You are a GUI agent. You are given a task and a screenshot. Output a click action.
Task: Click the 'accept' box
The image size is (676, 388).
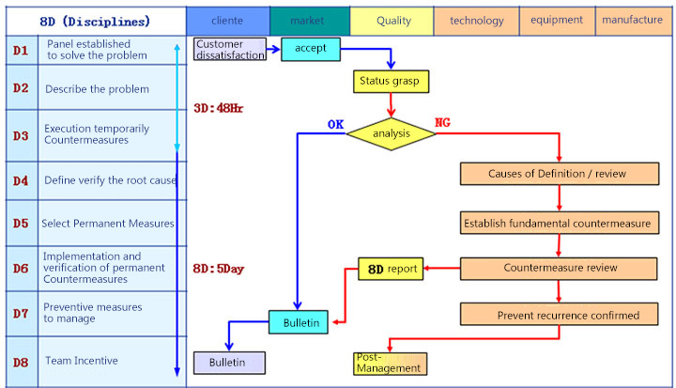click(x=310, y=50)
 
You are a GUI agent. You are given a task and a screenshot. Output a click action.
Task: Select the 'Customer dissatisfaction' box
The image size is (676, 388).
click(x=231, y=50)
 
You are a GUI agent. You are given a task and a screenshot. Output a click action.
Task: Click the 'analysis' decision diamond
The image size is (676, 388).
click(x=392, y=133)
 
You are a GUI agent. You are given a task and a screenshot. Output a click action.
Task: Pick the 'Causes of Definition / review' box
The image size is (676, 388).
click(x=557, y=174)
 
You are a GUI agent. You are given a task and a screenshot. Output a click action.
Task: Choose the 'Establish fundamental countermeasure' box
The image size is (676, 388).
click(x=557, y=224)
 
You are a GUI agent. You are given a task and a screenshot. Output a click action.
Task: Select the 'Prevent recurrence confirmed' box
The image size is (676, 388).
click(x=557, y=315)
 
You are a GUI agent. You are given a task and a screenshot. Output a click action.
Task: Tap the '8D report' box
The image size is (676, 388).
click(x=390, y=270)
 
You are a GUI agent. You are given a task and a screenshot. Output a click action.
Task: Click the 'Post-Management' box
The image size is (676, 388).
click(x=390, y=363)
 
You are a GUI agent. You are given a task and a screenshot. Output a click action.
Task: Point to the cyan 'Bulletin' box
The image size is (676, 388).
click(x=300, y=324)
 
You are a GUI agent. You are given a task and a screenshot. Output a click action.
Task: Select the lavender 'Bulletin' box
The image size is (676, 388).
click(x=229, y=362)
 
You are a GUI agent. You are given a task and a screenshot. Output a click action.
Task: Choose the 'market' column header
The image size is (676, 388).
click(x=309, y=20)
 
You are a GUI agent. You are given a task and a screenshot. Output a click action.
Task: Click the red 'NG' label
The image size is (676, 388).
click(x=442, y=122)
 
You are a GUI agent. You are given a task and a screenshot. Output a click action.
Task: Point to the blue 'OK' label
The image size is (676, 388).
click(x=336, y=123)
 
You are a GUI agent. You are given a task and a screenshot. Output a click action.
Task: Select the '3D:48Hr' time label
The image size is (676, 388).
click(x=217, y=108)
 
